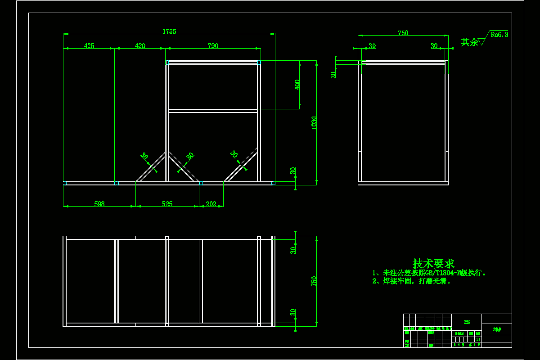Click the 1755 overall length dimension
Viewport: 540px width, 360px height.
(169, 31)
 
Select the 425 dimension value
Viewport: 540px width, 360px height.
(89, 46)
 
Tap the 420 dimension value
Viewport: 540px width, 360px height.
(140, 46)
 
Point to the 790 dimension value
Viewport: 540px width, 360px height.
(213, 46)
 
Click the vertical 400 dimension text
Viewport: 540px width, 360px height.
(297, 85)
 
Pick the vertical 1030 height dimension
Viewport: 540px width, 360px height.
(314, 123)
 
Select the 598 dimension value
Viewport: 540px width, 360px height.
(99, 204)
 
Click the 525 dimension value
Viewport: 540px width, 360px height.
(167, 204)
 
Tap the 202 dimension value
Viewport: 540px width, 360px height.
(211, 204)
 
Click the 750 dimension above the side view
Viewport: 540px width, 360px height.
(403, 33)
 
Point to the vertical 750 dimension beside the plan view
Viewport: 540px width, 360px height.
(314, 281)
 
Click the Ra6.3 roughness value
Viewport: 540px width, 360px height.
(499, 34)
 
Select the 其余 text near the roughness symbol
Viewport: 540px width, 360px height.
(469, 42)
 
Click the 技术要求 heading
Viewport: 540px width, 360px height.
(433, 264)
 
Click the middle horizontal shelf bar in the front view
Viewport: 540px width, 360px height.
(213, 111)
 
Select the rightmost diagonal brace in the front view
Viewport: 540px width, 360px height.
(241, 165)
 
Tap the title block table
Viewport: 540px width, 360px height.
(457, 331)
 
